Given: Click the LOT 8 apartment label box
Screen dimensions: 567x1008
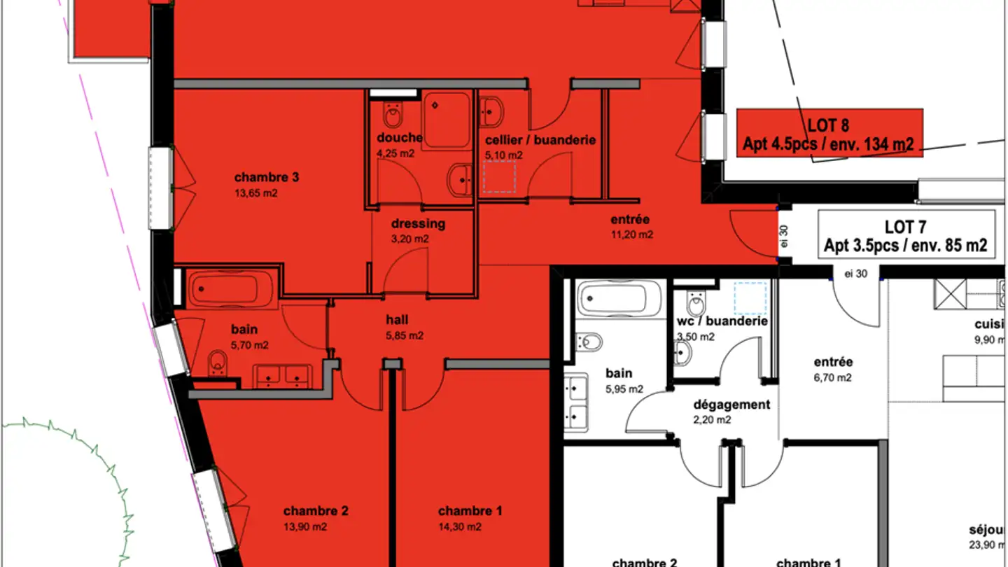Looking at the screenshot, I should pyautogui.click(x=829, y=134).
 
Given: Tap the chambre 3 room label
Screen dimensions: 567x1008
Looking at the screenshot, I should pyautogui.click(x=267, y=177).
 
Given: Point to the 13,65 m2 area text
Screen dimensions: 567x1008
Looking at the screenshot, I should pyautogui.click(x=255, y=193).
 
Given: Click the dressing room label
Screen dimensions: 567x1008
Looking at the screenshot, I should pyautogui.click(x=418, y=224).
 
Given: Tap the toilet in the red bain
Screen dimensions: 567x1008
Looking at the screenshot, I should pyautogui.click(x=218, y=361).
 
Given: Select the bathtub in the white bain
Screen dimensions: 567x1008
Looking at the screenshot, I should pyautogui.click(x=619, y=298).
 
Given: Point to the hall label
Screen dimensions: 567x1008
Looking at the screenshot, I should pyautogui.click(x=397, y=320).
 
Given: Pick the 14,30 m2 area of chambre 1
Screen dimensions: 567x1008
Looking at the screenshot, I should pyautogui.click(x=459, y=527).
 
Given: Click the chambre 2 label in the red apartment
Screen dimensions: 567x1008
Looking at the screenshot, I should pyautogui.click(x=316, y=511).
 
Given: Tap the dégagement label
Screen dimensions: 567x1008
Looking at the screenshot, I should pyautogui.click(x=731, y=405).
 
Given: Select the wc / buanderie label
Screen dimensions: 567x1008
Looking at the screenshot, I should pyautogui.click(x=722, y=321).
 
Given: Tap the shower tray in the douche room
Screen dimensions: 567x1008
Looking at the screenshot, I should pyautogui.click(x=446, y=120).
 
